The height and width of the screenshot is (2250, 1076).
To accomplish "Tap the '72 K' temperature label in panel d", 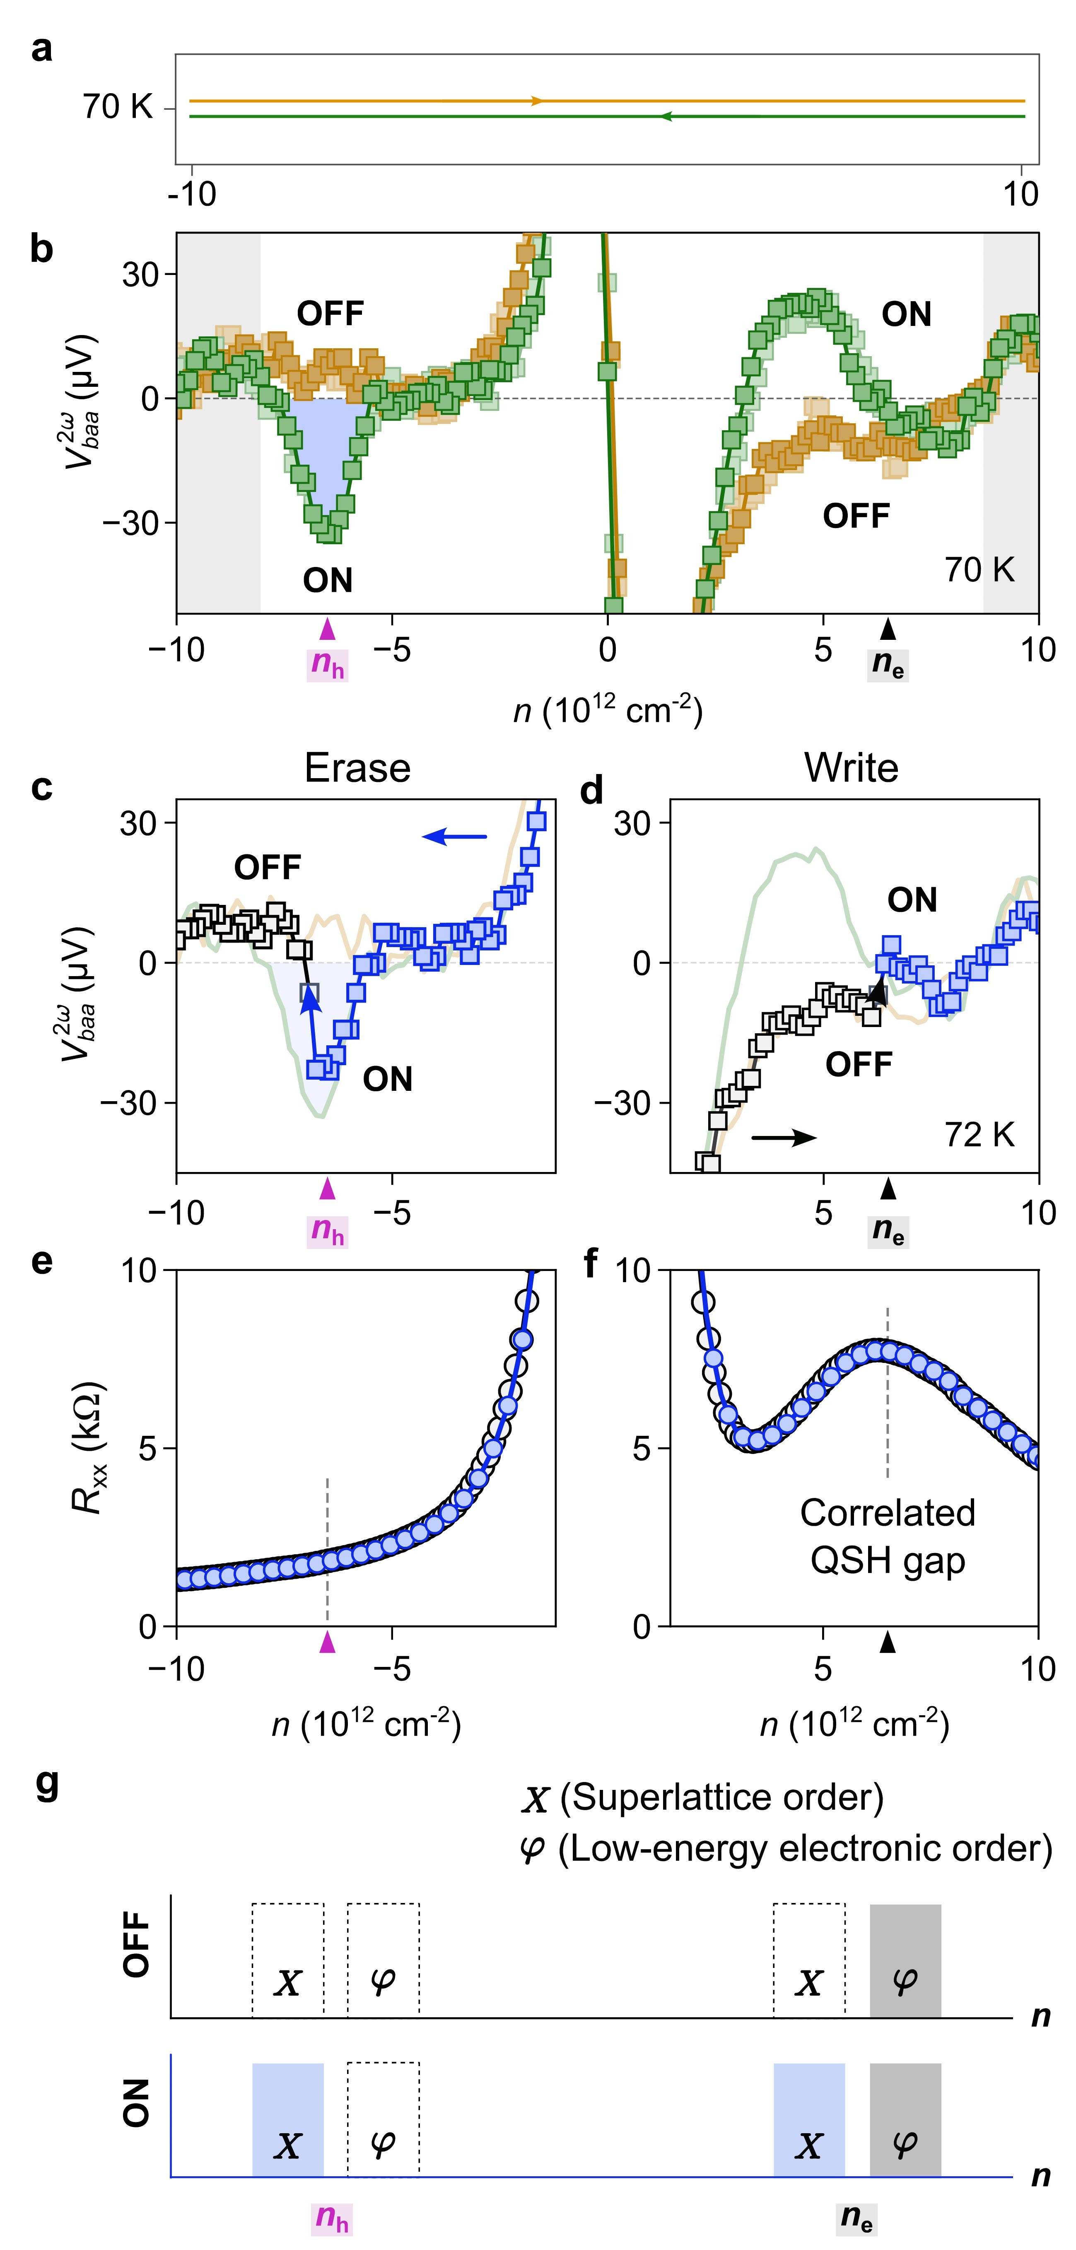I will (979, 1135).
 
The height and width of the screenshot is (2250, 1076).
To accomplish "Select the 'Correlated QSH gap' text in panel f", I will (888, 1536).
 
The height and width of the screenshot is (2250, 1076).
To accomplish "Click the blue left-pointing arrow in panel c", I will (454, 837).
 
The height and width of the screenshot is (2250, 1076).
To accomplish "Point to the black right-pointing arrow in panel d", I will (784, 1137).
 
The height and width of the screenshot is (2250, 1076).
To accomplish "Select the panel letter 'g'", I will (46, 1782).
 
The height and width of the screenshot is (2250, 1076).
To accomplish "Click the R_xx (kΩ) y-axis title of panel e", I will (87, 1447).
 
